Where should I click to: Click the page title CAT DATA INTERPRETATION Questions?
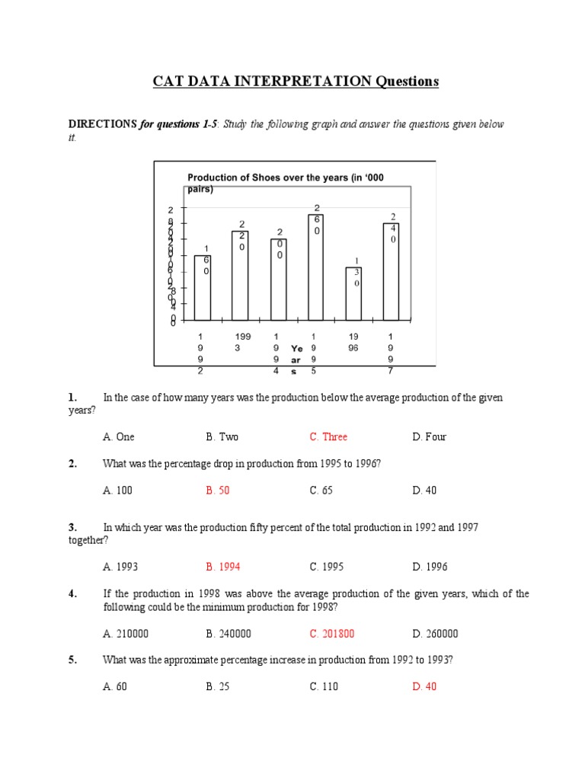[292, 82]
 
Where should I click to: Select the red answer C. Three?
[328, 436]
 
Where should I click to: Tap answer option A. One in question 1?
[118, 436]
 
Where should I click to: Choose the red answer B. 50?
[217, 491]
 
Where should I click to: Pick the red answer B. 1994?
[222, 567]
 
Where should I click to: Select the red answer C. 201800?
[331, 634]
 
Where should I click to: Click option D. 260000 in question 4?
[435, 634]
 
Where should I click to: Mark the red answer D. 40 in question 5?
[424, 686]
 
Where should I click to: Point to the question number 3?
[72, 527]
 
